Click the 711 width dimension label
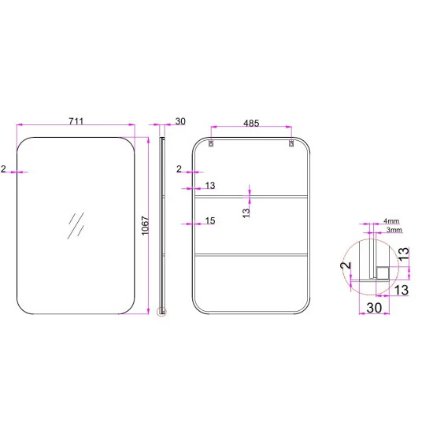pos(76,121)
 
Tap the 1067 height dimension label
pos(146,226)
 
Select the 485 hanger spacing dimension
pos(251,123)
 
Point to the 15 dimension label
pos(210,220)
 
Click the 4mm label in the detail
pos(391,221)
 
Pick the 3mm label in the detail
pos(394,230)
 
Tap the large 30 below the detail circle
pos(374,308)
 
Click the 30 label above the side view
pos(180,121)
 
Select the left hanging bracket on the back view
pos(211,143)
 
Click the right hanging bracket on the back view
pos(291,143)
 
